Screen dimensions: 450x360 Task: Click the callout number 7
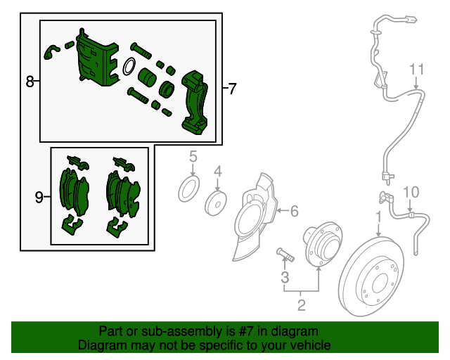(232, 89)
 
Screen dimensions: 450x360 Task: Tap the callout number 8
(30, 82)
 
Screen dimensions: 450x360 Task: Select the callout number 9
(39, 197)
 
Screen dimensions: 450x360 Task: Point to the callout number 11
(416, 70)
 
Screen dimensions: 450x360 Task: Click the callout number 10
(411, 192)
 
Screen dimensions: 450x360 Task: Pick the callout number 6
(295, 211)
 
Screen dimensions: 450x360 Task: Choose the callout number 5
(193, 157)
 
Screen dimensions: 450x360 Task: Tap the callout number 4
(218, 172)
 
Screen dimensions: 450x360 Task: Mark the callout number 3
(285, 277)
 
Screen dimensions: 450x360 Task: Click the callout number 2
(301, 305)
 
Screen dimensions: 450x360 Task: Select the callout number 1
(379, 217)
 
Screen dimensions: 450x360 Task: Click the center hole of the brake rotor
(380, 283)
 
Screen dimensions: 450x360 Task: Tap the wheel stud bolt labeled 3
(285, 255)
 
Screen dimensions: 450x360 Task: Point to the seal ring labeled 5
(189, 189)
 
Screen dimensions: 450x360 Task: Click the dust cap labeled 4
(216, 203)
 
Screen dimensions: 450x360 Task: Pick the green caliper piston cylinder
(147, 77)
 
